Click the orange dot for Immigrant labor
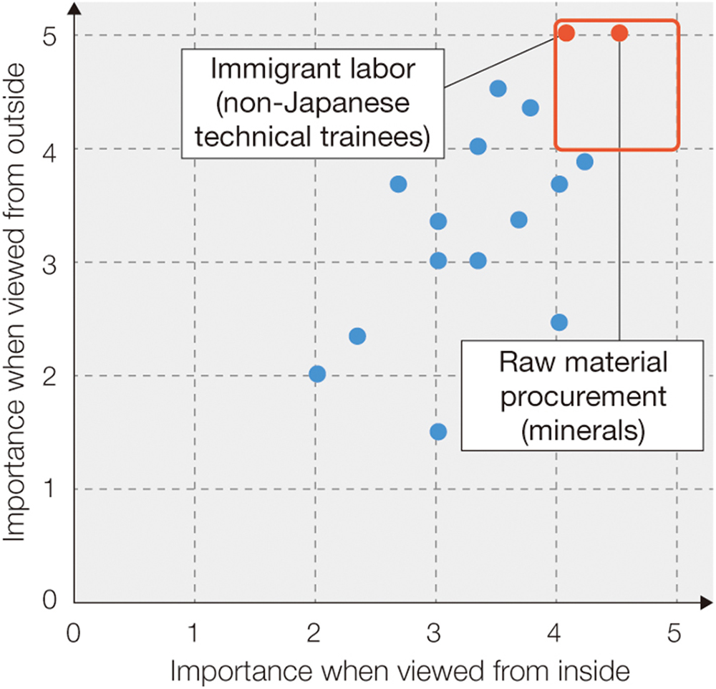click(566, 33)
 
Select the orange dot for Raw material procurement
click(619, 33)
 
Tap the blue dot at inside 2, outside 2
click(317, 374)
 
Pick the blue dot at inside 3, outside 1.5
click(438, 432)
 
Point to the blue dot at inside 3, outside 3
click(438, 260)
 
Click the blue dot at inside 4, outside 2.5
click(559, 322)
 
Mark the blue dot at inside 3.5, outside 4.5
click(498, 88)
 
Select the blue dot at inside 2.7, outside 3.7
click(399, 184)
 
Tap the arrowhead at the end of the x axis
click(707, 602)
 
